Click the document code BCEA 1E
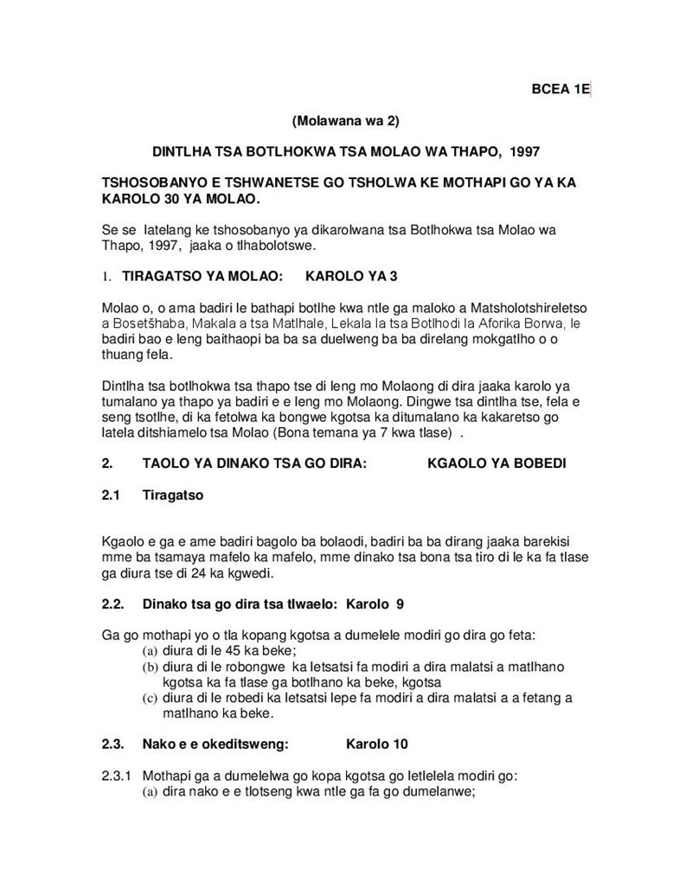(560, 89)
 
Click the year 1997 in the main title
(525, 151)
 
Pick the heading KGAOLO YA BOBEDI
(497, 463)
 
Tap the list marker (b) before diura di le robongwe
(150, 667)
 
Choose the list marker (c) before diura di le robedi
(150, 698)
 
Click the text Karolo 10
(377, 744)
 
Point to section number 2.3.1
(119, 775)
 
